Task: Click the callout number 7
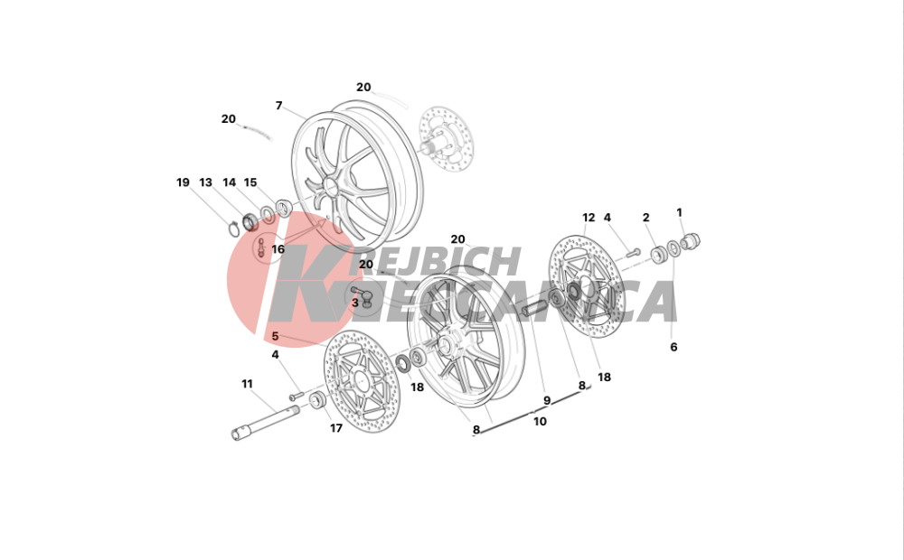[279, 106]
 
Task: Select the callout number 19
[183, 182]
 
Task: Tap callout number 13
[206, 182]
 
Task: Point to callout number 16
[278, 249]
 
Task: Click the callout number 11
[248, 384]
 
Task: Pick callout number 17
[336, 428]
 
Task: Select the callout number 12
[589, 217]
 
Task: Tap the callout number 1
[679, 212]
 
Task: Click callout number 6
[673, 347]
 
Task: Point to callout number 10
[540, 421]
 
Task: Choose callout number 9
[547, 400]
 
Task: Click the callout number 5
[275, 336]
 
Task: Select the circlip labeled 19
[233, 229]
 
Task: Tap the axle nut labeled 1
[692, 241]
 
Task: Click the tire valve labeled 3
[363, 295]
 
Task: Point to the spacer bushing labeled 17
[317, 400]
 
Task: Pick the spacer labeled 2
[658, 254]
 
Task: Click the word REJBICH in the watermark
[443, 262]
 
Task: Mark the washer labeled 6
[673, 249]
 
